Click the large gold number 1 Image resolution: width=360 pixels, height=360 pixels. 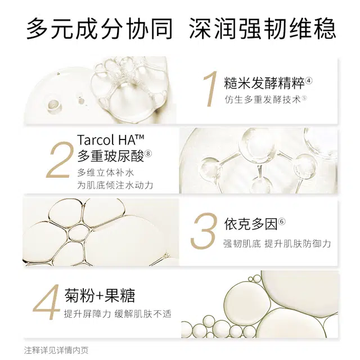coord(210,89)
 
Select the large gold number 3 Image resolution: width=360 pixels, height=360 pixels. coord(203,232)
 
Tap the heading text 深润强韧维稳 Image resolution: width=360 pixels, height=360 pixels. coord(262,28)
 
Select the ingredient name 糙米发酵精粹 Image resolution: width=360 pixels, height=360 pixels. coord(264,84)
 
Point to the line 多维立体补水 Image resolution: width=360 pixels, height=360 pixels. coord(105,172)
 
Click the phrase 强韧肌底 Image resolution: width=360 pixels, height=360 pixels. coord(241,244)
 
